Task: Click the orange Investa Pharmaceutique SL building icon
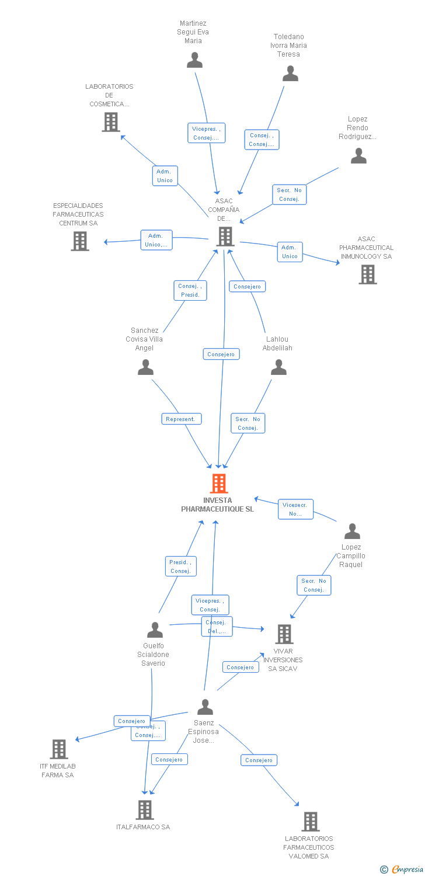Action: pos(219,484)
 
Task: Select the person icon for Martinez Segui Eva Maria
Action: pos(194,60)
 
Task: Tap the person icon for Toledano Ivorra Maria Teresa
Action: pos(290,74)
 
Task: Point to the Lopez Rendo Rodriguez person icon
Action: pos(358,156)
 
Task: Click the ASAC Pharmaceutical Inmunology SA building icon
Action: pos(367,274)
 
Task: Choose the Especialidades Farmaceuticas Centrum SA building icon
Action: pos(80,241)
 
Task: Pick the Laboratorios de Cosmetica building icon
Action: pos(110,122)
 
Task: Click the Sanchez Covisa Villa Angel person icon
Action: pos(145,367)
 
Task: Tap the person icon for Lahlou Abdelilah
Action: pos(278,367)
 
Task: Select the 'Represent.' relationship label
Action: pos(182,419)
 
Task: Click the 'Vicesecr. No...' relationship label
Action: pos(296,509)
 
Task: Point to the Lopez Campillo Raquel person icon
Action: pos(352,531)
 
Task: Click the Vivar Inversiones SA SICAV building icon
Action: pos(284,634)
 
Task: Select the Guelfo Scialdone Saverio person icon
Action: pos(155,630)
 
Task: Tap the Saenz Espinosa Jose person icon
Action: pos(205,707)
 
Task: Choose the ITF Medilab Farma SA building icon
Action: pos(58,749)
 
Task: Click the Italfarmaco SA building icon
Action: pos(145,809)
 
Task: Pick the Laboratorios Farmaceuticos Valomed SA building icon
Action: pos(310,822)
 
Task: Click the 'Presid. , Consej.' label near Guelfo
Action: pos(181,566)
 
